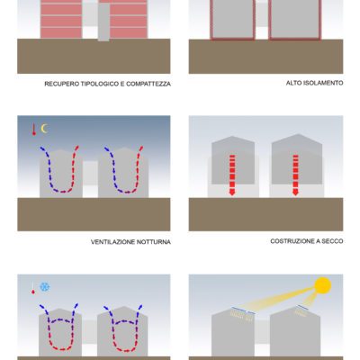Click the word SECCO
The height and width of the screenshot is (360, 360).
[x=332, y=241]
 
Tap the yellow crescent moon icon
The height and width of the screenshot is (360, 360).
[x=45, y=129]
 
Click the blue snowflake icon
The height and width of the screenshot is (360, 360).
[x=45, y=287]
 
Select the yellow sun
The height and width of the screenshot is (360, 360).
[x=322, y=285]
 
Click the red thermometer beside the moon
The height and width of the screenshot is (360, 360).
[x=34, y=129]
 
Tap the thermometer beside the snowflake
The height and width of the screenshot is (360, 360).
[x=33, y=288]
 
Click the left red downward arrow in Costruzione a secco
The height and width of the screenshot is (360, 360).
[x=232, y=175]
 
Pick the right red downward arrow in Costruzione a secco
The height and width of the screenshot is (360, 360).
[x=295, y=175]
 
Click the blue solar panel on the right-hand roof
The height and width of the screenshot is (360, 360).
[x=303, y=307]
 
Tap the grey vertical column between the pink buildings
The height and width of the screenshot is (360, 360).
[x=103, y=22]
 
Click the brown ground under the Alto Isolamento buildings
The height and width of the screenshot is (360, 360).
[x=265, y=57]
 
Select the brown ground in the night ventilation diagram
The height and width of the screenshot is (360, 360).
[x=94, y=214]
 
